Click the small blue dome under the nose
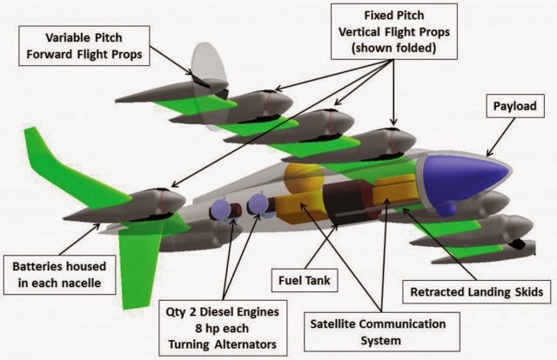click(446, 209)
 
